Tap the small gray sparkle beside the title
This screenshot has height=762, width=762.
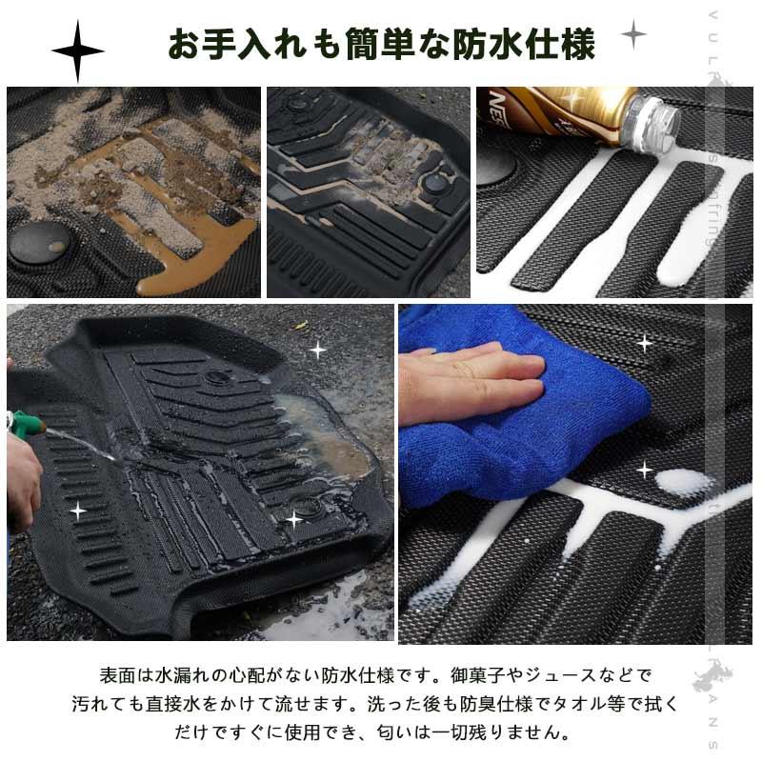[x=633, y=34]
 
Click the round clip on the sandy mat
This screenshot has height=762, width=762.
[x=39, y=244]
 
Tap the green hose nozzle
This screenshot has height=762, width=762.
[x=23, y=421]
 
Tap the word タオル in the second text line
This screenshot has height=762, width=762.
[x=583, y=705]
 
